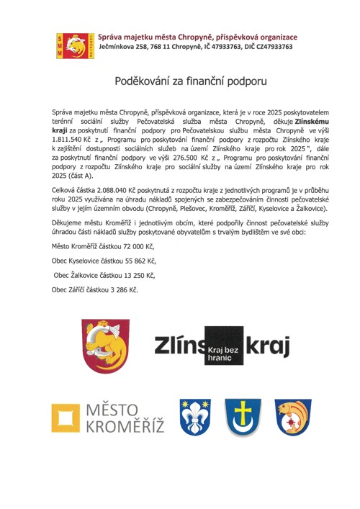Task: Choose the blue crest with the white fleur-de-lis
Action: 199,417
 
